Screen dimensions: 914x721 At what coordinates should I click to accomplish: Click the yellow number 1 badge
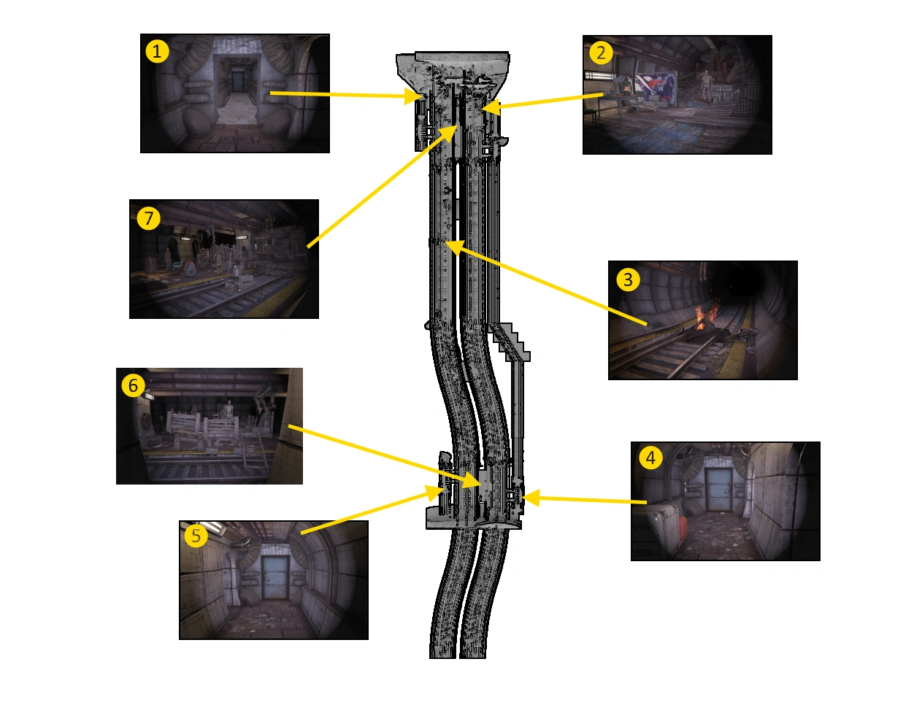point(157,51)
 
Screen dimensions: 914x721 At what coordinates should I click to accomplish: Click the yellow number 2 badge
point(601,53)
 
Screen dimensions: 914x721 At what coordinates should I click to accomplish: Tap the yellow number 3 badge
point(628,279)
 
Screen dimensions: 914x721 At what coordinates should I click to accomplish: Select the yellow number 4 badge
point(650,458)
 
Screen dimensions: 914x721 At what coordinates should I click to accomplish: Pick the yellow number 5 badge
point(196,536)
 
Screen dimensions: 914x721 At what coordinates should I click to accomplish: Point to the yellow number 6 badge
point(134,385)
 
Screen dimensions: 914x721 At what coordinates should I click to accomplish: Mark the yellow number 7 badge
point(149,218)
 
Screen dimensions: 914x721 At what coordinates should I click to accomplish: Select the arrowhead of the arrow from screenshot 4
point(531,498)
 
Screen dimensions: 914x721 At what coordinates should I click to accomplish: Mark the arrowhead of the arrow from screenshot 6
point(472,480)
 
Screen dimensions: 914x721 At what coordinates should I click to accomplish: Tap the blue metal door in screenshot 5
point(275,578)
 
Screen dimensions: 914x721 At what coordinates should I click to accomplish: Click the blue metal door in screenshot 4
point(718,490)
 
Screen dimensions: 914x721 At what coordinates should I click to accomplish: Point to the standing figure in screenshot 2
point(706,86)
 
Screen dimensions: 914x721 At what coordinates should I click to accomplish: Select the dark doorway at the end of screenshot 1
point(238,81)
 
